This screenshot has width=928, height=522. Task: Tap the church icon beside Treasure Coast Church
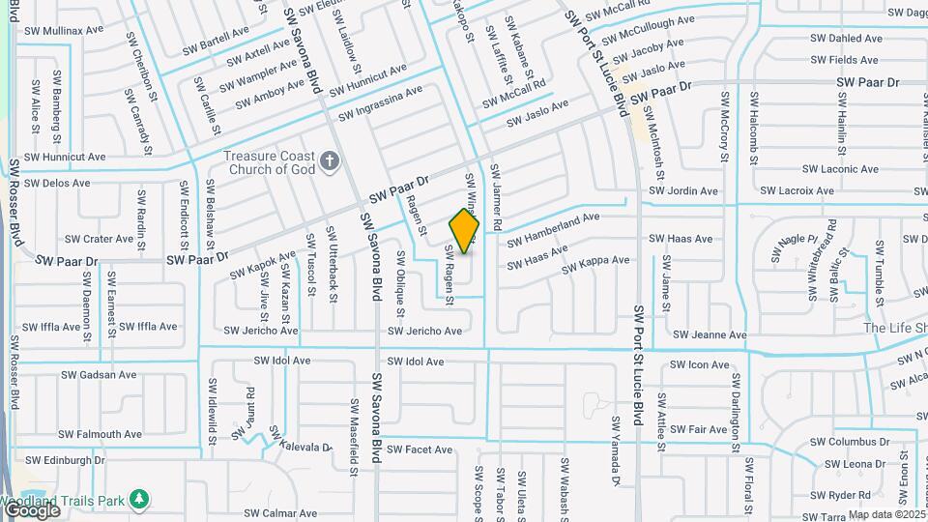[x=330, y=160]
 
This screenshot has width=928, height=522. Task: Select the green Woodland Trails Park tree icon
[x=140, y=499]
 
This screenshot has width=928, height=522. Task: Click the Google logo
[x=31, y=509]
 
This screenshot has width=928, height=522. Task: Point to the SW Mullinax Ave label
[x=60, y=30]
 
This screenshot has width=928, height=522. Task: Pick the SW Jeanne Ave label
[x=710, y=335]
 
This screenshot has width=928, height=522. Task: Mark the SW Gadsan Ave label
[x=98, y=375]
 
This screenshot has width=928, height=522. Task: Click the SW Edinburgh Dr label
[x=66, y=460]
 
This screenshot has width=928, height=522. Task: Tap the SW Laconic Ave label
[x=844, y=169]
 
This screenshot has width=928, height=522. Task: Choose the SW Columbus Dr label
[x=843, y=442]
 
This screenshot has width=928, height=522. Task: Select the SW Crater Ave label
[x=99, y=239]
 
